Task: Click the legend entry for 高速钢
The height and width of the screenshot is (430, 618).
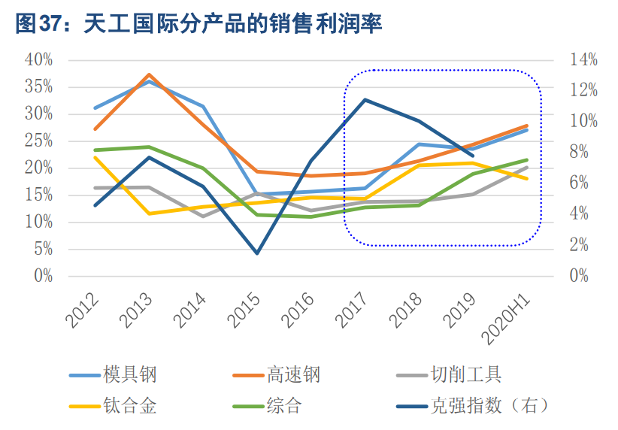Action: [x=292, y=374]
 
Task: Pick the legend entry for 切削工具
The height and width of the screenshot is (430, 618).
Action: [x=465, y=374]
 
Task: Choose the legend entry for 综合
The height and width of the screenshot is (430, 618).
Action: [x=283, y=407]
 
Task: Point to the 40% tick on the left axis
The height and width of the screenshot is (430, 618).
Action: [x=38, y=60]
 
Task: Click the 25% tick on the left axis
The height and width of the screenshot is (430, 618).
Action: [x=38, y=141]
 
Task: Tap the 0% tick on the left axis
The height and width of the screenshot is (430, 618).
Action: [x=43, y=277]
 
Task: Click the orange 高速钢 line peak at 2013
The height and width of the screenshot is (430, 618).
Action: [x=149, y=75]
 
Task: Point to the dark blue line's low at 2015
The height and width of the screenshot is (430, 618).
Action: [x=257, y=253]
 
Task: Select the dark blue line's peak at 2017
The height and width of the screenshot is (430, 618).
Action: [x=365, y=99]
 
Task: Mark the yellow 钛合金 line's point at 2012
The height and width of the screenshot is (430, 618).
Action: [x=95, y=157]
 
